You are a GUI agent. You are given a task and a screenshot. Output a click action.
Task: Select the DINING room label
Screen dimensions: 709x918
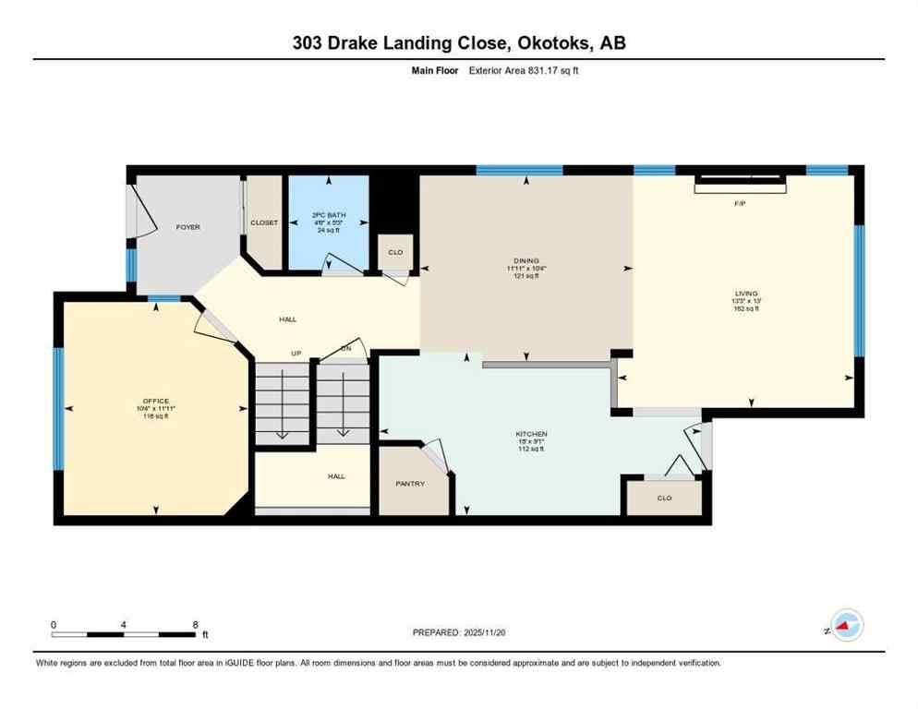pyautogui.click(x=526, y=261)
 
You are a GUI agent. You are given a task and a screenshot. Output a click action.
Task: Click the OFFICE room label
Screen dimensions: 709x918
pyautogui.click(x=155, y=401)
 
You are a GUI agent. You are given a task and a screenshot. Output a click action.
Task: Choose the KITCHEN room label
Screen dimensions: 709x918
pyautogui.click(x=531, y=434)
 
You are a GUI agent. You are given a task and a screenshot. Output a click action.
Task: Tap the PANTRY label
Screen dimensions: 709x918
pyautogui.click(x=410, y=484)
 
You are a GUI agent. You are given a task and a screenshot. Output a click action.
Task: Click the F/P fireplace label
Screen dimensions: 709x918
pyautogui.click(x=740, y=203)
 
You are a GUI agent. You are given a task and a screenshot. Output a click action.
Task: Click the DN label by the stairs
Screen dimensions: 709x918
pyautogui.click(x=344, y=349)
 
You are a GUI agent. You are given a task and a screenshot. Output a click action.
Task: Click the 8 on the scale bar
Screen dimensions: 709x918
pyautogui.click(x=195, y=624)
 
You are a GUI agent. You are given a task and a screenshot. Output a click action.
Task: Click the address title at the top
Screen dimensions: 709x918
pyautogui.click(x=458, y=42)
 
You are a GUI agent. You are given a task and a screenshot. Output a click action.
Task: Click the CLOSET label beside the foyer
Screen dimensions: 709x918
pyautogui.click(x=264, y=223)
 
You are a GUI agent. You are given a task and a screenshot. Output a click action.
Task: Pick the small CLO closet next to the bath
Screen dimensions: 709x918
pyautogui.click(x=395, y=252)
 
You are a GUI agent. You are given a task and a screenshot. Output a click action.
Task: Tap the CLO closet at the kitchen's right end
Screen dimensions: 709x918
pyautogui.click(x=664, y=499)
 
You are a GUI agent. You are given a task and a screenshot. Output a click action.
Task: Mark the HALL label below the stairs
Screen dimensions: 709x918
pyautogui.click(x=336, y=476)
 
